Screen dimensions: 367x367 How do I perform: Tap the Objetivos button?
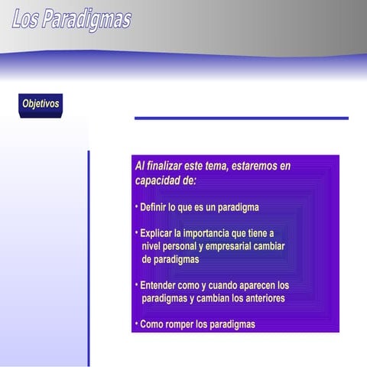tap(41, 104)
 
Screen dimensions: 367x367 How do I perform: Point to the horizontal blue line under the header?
tap(241, 118)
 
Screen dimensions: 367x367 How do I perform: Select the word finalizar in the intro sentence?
tap(167, 166)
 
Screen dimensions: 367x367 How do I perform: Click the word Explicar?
tap(157, 233)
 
